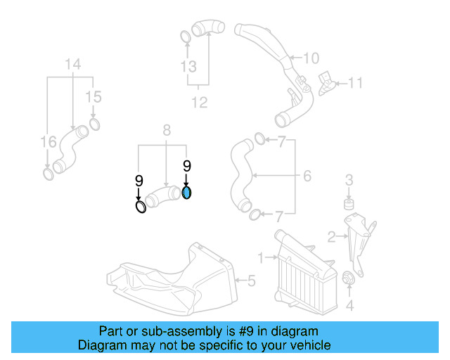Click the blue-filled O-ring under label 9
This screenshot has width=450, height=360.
pyautogui.click(x=187, y=193)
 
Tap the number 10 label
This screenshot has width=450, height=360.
pyautogui.click(x=311, y=58)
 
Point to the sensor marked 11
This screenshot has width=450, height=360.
pyautogui.click(x=327, y=81)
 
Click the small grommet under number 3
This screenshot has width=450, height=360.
pyautogui.click(x=347, y=205)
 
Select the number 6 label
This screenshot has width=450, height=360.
pyautogui.click(x=307, y=176)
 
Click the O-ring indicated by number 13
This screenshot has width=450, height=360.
pyautogui.click(x=185, y=37)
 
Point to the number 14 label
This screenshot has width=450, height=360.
pyautogui.click(x=74, y=65)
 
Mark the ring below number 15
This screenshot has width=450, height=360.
pyautogui.click(x=94, y=127)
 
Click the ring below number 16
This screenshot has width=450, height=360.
pyautogui.click(x=48, y=173)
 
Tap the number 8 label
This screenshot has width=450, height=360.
pyautogui.click(x=166, y=129)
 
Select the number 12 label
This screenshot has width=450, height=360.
pyautogui.click(x=200, y=103)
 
